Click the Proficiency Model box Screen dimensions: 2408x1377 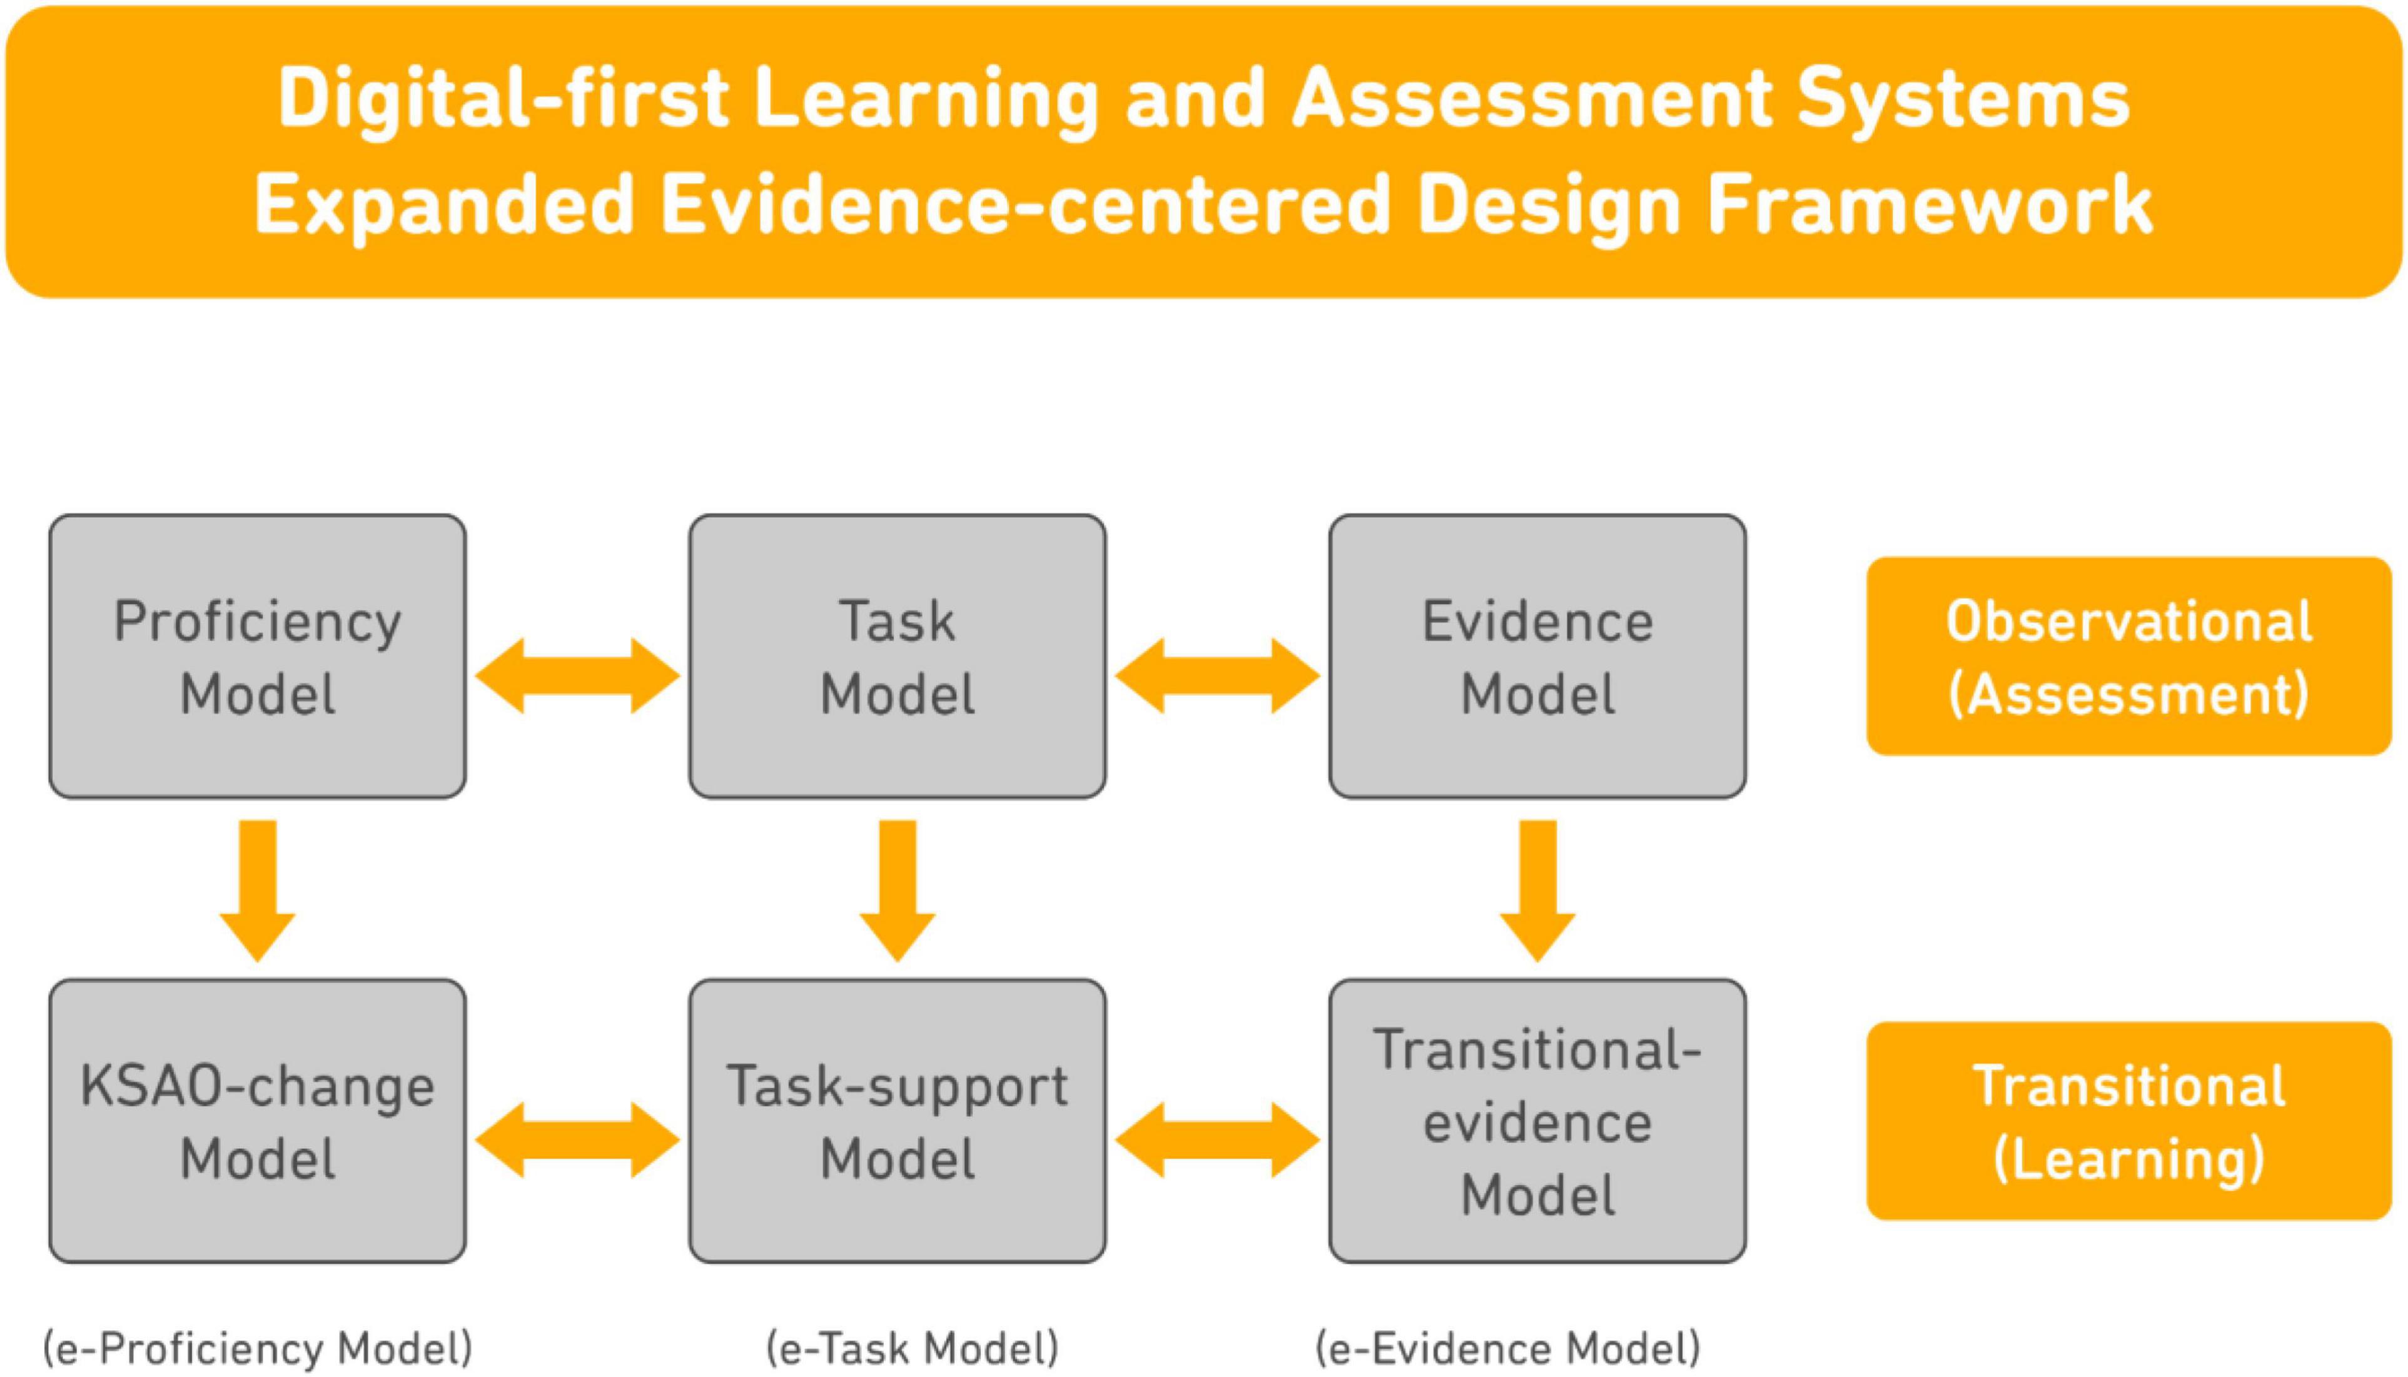pyautogui.click(x=257, y=657)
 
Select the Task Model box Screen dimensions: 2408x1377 pyautogui.click(x=898, y=657)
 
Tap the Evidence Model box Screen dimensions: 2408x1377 pyautogui.click(x=1538, y=657)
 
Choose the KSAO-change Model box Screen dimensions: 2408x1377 pyautogui.click(x=257, y=1121)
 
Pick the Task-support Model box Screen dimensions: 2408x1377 pyautogui.click(x=898, y=1121)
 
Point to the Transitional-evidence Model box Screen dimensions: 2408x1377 pyautogui.click(x=1538, y=1121)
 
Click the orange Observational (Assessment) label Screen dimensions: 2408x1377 pyautogui.click(x=2129, y=657)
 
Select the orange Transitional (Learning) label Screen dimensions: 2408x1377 pyautogui.click(x=2129, y=1121)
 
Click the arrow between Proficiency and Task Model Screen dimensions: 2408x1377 pyautogui.click(x=578, y=675)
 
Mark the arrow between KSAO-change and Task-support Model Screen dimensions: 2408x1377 pyautogui.click(x=578, y=1139)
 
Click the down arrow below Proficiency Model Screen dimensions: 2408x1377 pyautogui.click(x=257, y=891)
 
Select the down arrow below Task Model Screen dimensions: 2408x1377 pyautogui.click(x=898, y=891)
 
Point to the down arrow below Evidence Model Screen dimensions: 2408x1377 pyautogui.click(x=1538, y=891)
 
